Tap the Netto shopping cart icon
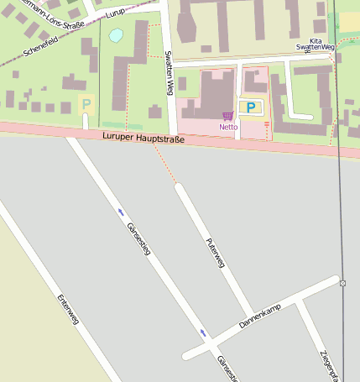click(228, 116)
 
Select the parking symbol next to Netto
click(250, 107)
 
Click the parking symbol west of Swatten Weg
click(86, 105)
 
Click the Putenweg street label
click(216, 252)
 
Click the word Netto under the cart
click(228, 127)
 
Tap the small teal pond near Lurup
click(116, 35)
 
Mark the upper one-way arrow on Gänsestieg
click(121, 211)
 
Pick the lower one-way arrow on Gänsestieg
click(202, 333)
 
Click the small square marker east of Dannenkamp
click(342, 283)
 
